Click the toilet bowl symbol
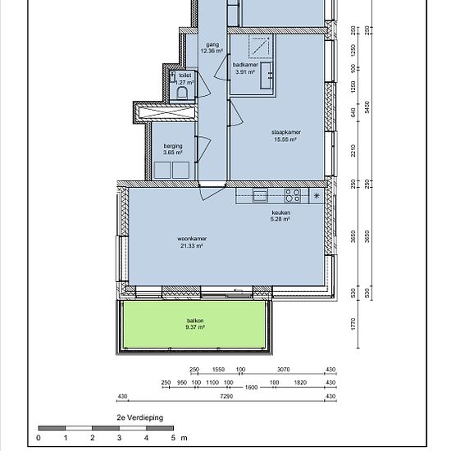point(182,93)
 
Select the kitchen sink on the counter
point(260,195)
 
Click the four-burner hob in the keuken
point(293,196)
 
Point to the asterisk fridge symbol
point(317,196)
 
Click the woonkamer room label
point(192,239)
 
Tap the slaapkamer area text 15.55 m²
point(285,139)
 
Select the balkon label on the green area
point(195,321)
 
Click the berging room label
point(173,146)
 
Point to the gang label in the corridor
point(212,44)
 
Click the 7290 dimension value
point(226,396)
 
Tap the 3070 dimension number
point(284,369)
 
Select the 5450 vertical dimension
point(367,107)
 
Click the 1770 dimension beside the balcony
point(353,324)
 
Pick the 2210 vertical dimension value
point(353,151)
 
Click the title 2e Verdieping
point(139,417)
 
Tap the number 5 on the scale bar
point(173,438)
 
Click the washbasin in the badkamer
point(266,75)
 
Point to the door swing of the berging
point(204,148)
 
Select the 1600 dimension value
point(251,387)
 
